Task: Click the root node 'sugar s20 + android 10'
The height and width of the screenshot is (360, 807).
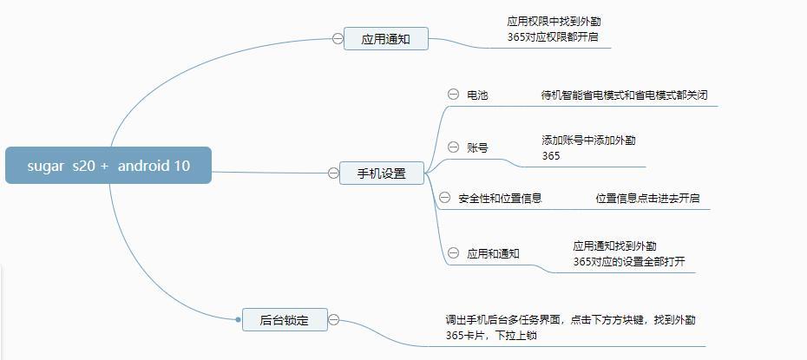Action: point(108,165)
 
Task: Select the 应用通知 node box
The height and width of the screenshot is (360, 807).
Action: point(385,39)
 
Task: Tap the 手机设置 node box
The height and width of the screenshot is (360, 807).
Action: point(382,173)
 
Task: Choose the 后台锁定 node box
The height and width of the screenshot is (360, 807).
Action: point(284,320)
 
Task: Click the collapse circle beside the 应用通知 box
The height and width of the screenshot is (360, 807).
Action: point(338,38)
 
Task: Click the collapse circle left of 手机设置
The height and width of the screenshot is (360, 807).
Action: point(333,173)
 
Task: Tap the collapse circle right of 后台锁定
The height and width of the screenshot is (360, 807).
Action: point(333,319)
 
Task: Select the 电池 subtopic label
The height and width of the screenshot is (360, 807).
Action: point(477,95)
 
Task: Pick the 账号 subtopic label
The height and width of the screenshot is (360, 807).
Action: point(477,147)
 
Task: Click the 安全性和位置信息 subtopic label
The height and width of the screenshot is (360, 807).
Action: point(500,199)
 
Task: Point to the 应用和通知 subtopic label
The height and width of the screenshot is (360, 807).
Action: point(493,253)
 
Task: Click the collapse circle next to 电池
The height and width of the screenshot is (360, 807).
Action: point(453,95)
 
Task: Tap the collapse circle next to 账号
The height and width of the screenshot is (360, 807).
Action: point(453,147)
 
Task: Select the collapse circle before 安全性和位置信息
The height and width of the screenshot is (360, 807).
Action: point(445,198)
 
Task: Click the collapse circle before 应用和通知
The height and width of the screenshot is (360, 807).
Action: point(453,252)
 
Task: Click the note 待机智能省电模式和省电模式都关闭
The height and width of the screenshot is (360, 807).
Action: point(623,95)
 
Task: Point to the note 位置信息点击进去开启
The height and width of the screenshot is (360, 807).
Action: point(646,199)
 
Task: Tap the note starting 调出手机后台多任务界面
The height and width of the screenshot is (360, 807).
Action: point(570,327)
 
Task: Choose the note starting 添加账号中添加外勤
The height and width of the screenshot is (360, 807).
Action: point(594,147)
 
